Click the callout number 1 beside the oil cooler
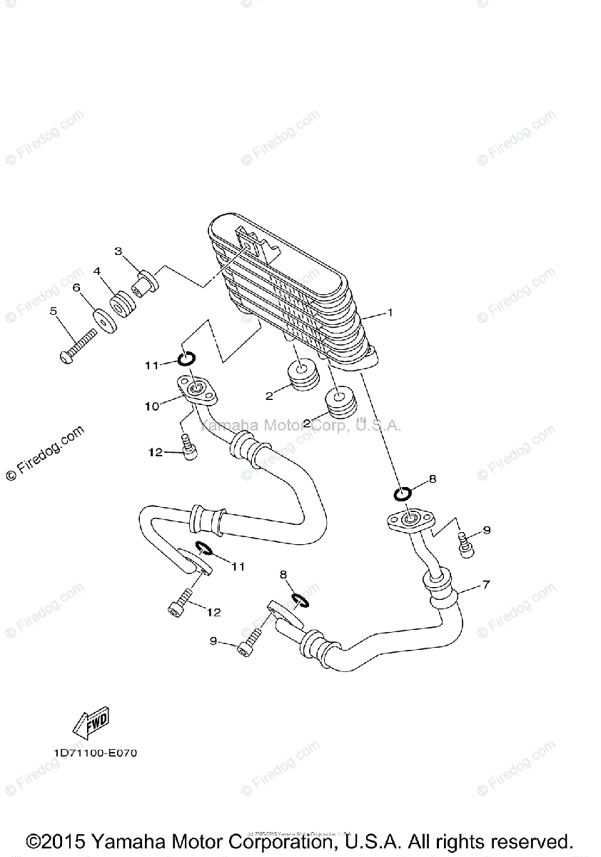click(x=390, y=313)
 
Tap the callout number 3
click(x=119, y=251)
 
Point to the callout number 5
click(x=53, y=311)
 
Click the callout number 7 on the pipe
click(x=486, y=585)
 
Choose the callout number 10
click(x=152, y=406)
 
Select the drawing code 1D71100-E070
click(x=94, y=753)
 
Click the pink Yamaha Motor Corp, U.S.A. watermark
click(x=300, y=426)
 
